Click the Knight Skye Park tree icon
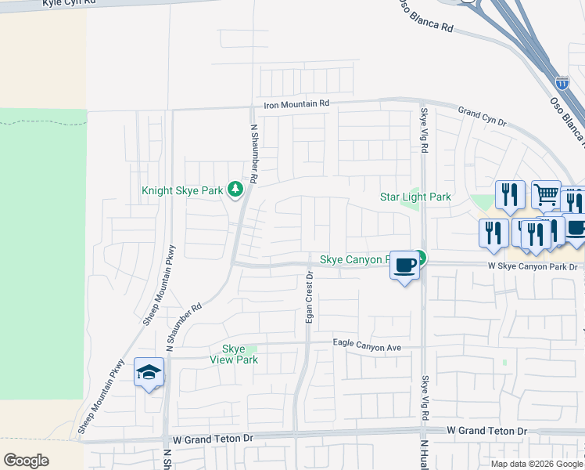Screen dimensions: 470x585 [x=235, y=190]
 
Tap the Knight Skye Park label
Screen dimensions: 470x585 [x=182, y=190]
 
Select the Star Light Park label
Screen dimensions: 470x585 [x=415, y=197]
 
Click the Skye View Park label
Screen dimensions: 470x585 [x=234, y=354]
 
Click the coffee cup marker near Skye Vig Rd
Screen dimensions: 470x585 [x=404, y=266]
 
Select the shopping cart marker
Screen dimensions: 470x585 [x=546, y=193]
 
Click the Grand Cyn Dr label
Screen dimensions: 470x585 [x=483, y=117]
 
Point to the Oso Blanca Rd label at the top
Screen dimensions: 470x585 [x=426, y=15]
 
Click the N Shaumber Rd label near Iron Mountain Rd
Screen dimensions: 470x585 [x=253, y=154]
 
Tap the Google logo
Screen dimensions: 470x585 [x=26, y=461]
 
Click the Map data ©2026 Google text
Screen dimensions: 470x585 [x=537, y=464]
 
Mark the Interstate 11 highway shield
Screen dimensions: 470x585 [x=562, y=81]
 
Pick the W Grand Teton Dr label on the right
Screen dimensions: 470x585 [x=487, y=432]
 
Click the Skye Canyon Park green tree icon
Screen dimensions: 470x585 [x=421, y=256]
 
